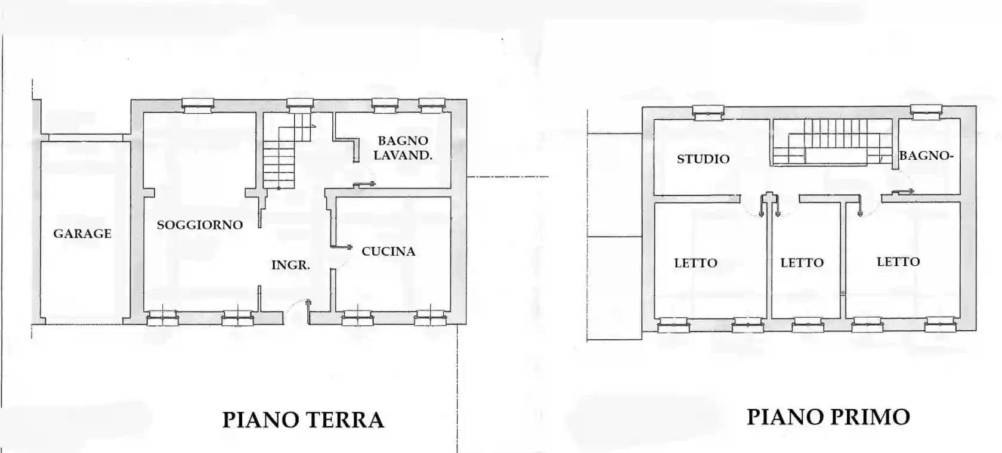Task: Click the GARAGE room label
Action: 82,234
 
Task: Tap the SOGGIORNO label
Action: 200,225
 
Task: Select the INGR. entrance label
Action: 290,265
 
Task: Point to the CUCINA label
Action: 388,252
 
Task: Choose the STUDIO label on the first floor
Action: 703,159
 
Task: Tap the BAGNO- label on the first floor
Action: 926,156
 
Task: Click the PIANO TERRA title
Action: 303,420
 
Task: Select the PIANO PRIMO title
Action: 828,417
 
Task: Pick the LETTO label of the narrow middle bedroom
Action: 802,263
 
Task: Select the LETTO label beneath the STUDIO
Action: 695,263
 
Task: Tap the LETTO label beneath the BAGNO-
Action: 898,262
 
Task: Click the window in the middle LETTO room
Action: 808,326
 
